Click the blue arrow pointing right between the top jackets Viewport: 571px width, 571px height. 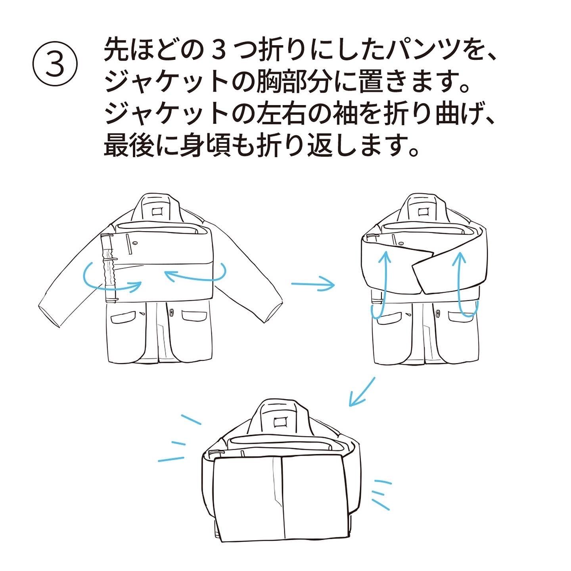click(x=313, y=284)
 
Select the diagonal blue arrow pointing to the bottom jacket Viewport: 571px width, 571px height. click(x=361, y=392)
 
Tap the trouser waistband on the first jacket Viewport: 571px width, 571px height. click(x=108, y=270)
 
